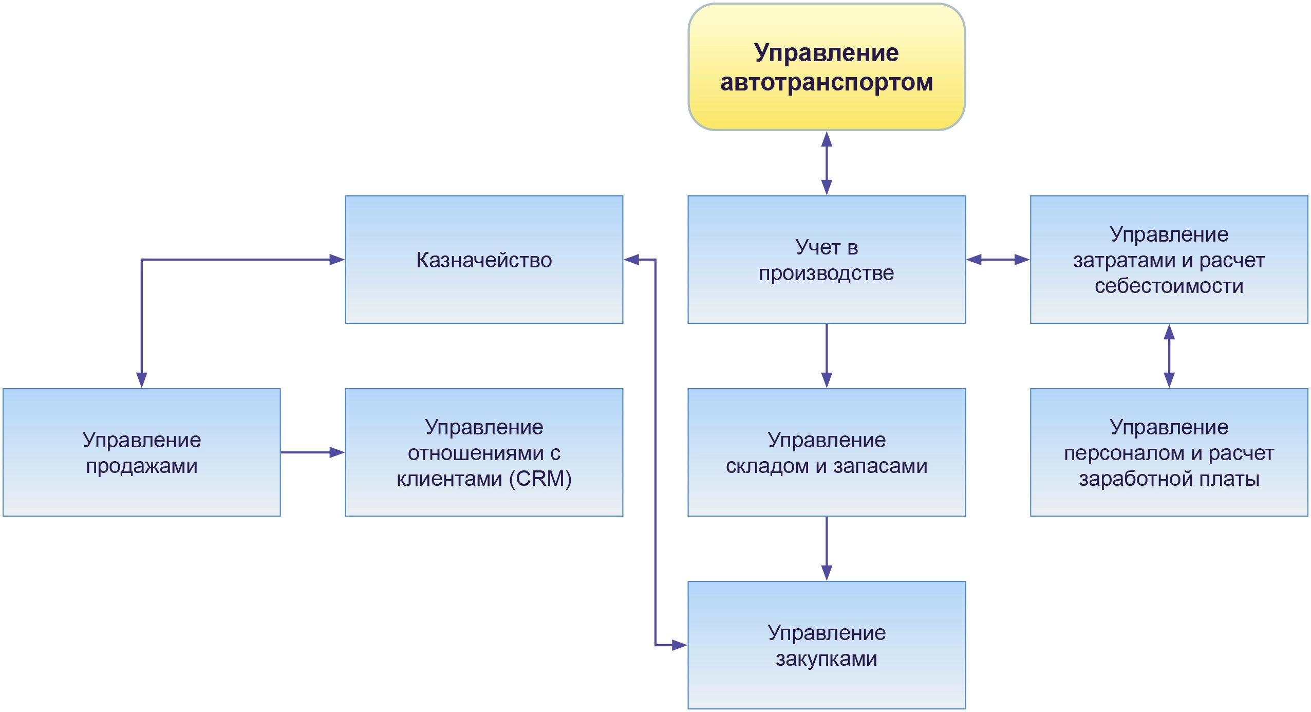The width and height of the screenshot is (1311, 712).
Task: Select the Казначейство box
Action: click(x=484, y=260)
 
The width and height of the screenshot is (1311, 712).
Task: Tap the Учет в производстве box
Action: click(x=826, y=260)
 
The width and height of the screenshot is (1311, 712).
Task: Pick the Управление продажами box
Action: click(x=141, y=452)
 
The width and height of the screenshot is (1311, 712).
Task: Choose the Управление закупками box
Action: click(x=826, y=645)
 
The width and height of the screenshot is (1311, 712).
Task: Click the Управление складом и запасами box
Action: click(x=826, y=452)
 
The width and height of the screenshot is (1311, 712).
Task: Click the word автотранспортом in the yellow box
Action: click(x=826, y=82)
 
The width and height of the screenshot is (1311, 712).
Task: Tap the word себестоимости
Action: click(x=1169, y=286)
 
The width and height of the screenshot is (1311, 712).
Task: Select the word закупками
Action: click(x=826, y=659)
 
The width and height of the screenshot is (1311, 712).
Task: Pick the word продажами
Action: click(x=141, y=466)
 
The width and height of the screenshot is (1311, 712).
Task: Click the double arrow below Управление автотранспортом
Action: click(x=826, y=162)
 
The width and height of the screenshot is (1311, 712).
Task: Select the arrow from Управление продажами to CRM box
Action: click(x=312, y=452)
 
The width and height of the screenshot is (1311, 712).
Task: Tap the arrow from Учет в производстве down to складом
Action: click(x=826, y=356)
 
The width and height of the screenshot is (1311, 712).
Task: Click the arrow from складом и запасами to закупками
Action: click(x=826, y=548)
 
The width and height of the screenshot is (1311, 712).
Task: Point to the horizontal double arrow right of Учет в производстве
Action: click(x=998, y=260)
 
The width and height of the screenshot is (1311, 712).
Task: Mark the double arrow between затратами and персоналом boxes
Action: click(x=1169, y=356)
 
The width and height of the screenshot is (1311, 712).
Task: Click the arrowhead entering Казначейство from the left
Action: click(x=337, y=260)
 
